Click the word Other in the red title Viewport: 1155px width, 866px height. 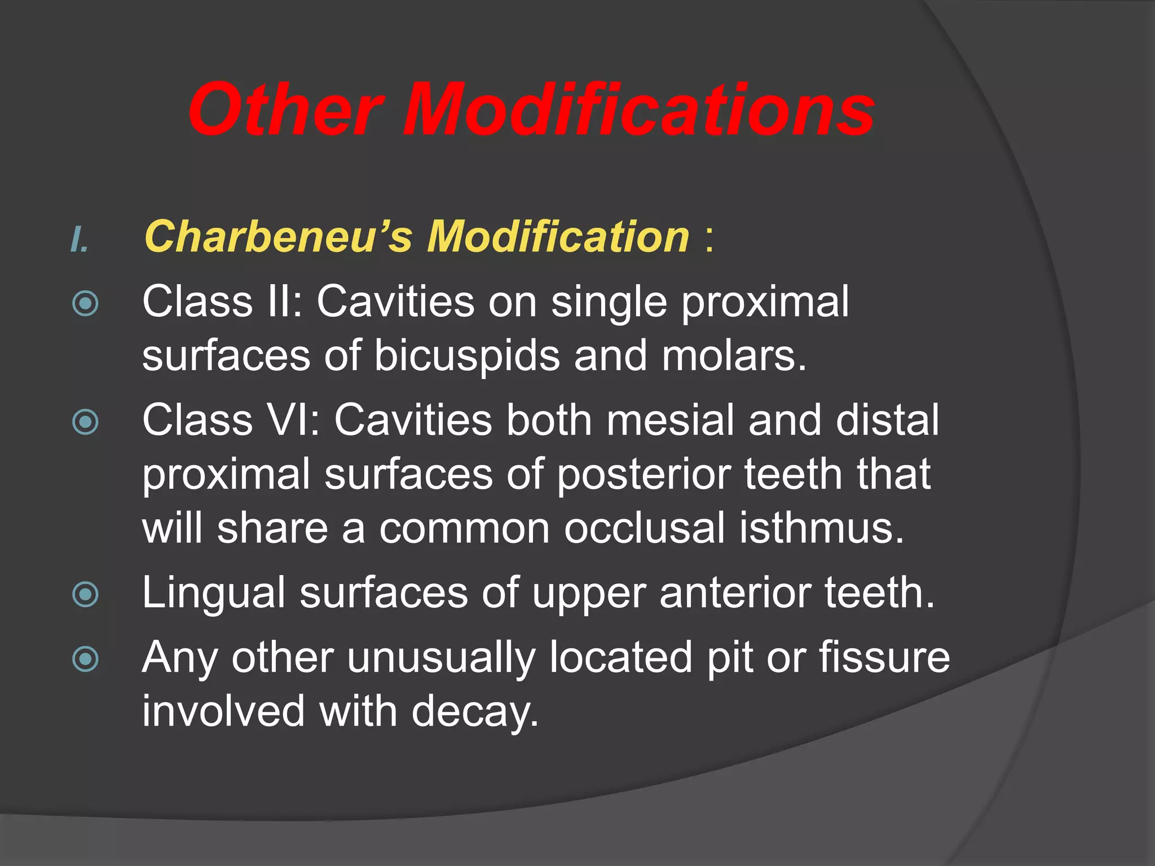click(x=286, y=109)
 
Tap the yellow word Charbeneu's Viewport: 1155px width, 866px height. click(x=279, y=237)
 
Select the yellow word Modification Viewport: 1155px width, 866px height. click(x=558, y=237)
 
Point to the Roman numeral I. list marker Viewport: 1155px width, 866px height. click(x=80, y=240)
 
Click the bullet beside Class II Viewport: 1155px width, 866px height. click(x=86, y=304)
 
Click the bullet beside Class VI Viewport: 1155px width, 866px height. click(x=86, y=422)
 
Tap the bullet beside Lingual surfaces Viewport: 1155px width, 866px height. click(x=86, y=594)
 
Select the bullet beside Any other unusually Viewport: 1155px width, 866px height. click(x=86, y=659)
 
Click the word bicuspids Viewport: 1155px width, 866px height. click(x=467, y=356)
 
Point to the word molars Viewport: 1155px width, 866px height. click(x=734, y=356)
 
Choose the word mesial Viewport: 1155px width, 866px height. click(x=671, y=420)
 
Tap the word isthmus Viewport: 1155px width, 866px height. click(x=822, y=529)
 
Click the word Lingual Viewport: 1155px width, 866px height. click(x=214, y=594)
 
